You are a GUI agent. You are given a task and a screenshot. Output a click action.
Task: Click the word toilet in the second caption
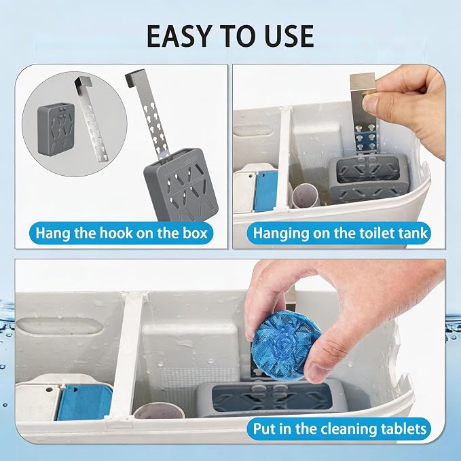(x=375, y=233)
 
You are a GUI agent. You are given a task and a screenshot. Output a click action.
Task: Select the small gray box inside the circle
(x=56, y=128)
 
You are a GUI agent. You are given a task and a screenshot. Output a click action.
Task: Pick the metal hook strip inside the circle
(x=91, y=117)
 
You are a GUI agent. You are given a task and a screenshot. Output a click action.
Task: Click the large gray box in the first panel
(x=181, y=185)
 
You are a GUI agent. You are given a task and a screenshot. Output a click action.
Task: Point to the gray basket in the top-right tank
(x=369, y=177)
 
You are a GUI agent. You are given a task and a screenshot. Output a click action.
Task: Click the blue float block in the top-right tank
(x=266, y=191)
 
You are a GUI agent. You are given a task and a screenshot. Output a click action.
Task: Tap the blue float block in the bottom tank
(x=84, y=402)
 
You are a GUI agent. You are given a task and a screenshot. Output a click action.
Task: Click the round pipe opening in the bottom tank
(x=159, y=411)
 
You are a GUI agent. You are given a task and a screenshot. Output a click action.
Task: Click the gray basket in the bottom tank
(x=272, y=399)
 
